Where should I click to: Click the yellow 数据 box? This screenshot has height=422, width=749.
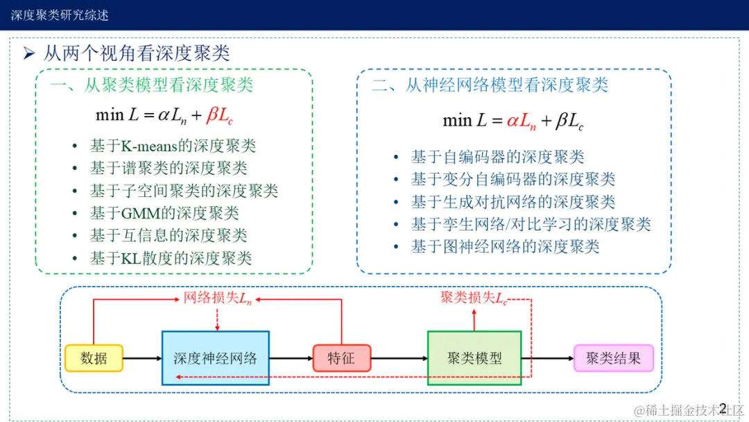(94, 358)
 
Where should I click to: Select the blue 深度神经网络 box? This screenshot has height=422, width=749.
(215, 358)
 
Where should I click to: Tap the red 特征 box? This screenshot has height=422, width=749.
(341, 358)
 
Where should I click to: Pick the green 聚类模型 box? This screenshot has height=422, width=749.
(474, 358)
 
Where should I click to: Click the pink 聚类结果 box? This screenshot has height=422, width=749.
(613, 358)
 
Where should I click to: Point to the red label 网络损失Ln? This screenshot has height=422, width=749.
(218, 298)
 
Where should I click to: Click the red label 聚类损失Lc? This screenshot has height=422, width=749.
(474, 298)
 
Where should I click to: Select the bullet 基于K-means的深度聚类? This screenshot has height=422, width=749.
(173, 146)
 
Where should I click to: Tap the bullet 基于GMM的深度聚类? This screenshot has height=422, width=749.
(164, 213)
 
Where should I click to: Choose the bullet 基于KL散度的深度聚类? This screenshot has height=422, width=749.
(171, 258)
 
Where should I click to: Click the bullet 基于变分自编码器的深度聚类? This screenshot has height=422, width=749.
(513, 179)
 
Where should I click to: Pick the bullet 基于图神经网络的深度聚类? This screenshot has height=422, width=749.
(505, 246)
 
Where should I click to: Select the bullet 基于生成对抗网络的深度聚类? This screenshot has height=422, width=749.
(513, 201)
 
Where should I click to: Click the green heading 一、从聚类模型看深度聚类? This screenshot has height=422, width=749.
(151, 85)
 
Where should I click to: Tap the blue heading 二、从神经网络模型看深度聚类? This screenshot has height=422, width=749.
(490, 85)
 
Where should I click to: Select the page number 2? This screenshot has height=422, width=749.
(723, 407)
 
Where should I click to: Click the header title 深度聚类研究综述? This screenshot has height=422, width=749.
(60, 15)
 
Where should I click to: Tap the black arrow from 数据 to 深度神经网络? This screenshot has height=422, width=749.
(142, 358)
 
